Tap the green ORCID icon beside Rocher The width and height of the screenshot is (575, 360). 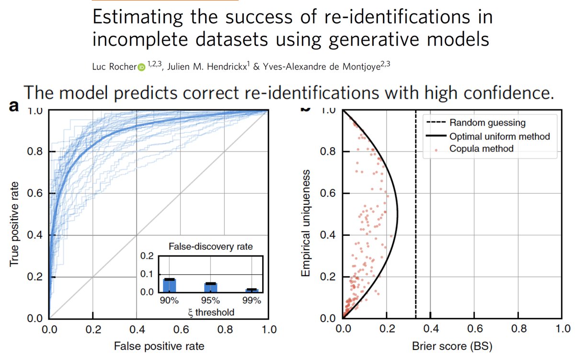(141, 68)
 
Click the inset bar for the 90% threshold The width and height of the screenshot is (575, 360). (170, 285)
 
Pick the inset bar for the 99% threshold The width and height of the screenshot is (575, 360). (252, 290)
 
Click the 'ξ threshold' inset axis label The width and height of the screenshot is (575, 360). (210, 312)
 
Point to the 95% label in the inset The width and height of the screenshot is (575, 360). (210, 301)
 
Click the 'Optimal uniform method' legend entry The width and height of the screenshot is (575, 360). (499, 136)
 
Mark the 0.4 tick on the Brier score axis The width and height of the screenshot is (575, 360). (430, 329)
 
